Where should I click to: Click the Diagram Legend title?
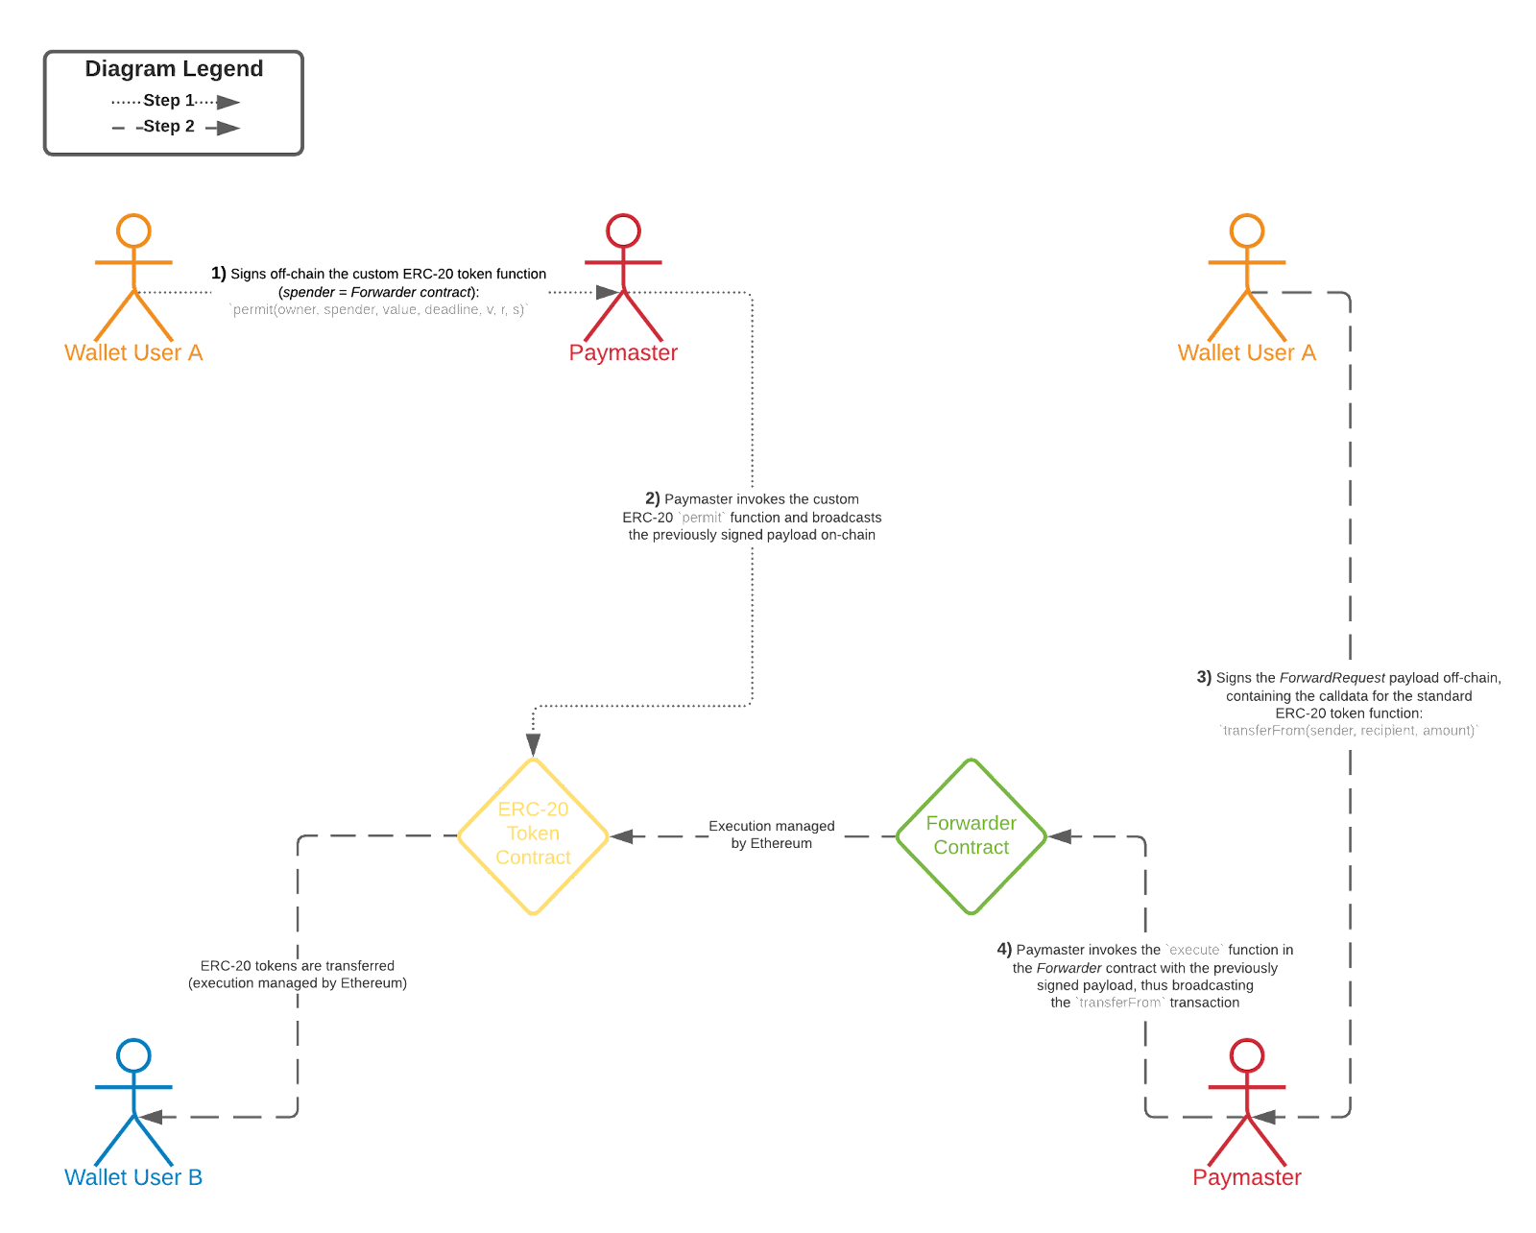point(174,69)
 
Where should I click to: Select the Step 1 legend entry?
point(169,101)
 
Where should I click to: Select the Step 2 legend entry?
point(169,127)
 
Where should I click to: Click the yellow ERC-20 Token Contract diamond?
point(533,834)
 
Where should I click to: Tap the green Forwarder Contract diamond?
point(971,835)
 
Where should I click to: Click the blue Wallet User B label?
point(133,1177)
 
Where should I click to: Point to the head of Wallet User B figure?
point(133,1055)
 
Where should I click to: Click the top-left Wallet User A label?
point(133,352)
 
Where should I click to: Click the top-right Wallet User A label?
point(1246,352)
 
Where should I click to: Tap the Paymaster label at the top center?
point(623,352)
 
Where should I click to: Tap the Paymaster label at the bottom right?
point(1246,1177)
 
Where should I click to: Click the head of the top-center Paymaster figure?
point(623,230)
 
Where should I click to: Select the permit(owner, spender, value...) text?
point(379,309)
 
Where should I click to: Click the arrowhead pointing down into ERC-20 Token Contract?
point(533,744)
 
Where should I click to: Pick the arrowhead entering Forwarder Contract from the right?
point(1060,836)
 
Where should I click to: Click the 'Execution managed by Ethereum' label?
point(771,834)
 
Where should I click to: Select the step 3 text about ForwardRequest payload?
point(1349,704)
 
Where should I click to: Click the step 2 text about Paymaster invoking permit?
point(752,517)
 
